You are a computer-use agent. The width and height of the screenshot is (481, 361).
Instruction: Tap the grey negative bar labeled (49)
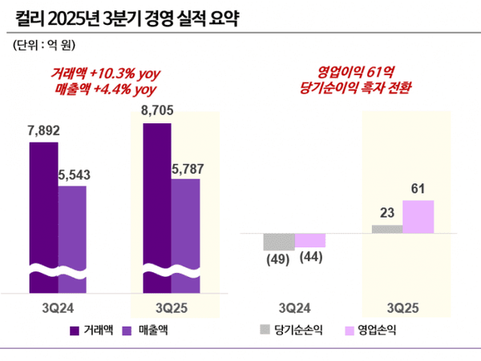279,242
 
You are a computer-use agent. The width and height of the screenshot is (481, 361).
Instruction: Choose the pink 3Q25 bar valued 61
418,217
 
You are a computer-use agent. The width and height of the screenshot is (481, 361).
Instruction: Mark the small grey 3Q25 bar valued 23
387,229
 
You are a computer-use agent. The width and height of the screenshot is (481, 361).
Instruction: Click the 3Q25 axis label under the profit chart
402,307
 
